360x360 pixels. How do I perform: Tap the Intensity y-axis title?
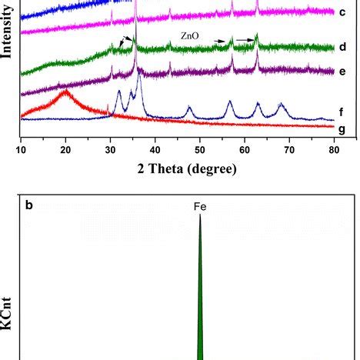tap(8, 38)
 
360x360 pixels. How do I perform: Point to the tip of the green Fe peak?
tap(200, 215)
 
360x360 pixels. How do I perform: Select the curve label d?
tap(341, 47)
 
